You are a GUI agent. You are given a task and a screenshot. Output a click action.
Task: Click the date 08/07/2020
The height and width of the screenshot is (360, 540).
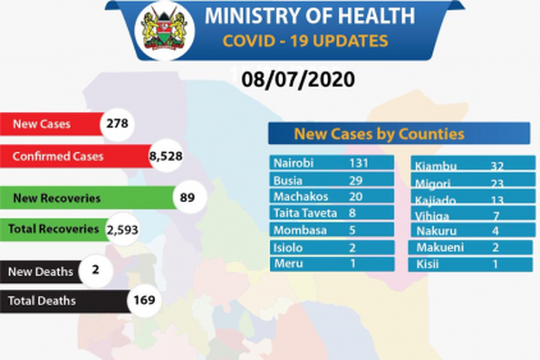click(297, 79)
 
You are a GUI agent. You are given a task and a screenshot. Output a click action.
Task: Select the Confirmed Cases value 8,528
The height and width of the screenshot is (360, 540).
click(164, 156)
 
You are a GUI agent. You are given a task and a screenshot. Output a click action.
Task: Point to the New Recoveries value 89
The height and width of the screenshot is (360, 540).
click(186, 198)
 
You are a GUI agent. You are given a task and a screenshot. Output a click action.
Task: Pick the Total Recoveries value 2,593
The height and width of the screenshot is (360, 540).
click(120, 229)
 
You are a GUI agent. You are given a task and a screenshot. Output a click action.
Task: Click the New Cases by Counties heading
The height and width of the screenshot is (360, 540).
click(378, 134)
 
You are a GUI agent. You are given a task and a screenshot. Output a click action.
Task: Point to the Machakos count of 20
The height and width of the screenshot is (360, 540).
click(356, 197)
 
